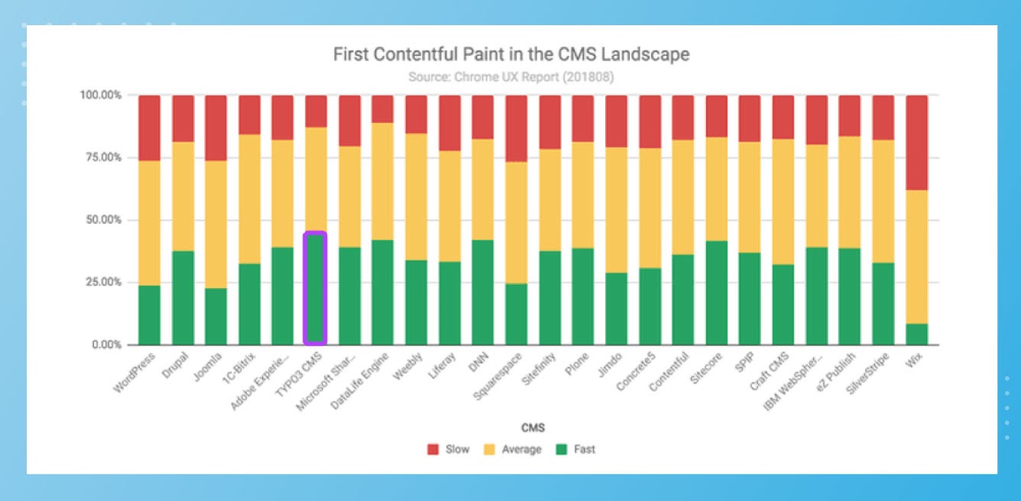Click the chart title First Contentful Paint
click(x=511, y=54)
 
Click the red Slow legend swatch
click(x=433, y=450)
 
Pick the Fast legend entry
click(x=578, y=450)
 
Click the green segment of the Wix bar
click(x=916, y=335)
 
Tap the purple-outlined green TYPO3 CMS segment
click(x=315, y=289)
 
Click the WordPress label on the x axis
click(x=135, y=372)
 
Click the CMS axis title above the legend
click(x=511, y=427)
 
